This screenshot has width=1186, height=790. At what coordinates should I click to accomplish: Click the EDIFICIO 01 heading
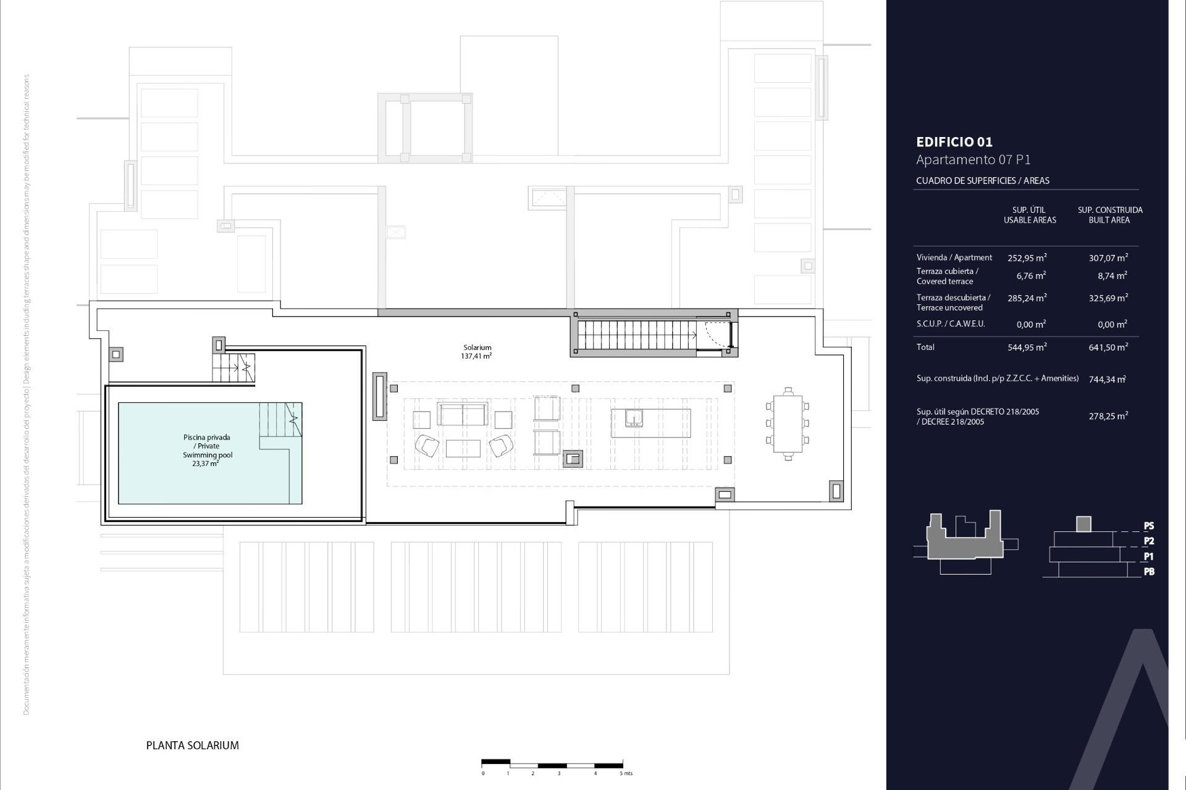(954, 142)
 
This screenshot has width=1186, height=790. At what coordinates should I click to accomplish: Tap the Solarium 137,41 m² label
(477, 352)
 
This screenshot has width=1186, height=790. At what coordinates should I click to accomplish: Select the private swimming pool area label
(208, 450)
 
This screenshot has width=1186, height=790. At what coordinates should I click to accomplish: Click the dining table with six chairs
(788, 424)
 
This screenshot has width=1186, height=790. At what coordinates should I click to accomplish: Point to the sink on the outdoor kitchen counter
(634, 418)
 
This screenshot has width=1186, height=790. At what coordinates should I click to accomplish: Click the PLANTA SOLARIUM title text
(192, 746)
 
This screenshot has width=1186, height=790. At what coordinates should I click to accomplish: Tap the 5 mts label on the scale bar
(626, 773)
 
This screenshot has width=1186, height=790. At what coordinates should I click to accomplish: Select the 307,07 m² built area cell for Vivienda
(1108, 258)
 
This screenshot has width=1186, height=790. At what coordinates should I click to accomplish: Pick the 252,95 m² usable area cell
(1027, 258)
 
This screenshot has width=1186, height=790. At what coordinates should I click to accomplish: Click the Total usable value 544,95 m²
(1027, 347)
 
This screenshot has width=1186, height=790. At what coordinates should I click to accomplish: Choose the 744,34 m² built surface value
(1107, 380)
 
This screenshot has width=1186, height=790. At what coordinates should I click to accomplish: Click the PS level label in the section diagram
(1148, 526)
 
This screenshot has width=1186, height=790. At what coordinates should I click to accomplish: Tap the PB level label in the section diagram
(1148, 572)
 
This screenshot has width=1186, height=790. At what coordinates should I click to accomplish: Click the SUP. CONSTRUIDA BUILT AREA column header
(1110, 215)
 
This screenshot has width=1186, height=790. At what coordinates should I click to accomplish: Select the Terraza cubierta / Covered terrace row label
(947, 276)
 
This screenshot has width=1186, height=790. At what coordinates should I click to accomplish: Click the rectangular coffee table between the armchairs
(463, 448)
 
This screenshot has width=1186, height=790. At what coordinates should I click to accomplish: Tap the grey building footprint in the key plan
(964, 543)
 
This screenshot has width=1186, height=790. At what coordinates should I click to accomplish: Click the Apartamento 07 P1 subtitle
(973, 160)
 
